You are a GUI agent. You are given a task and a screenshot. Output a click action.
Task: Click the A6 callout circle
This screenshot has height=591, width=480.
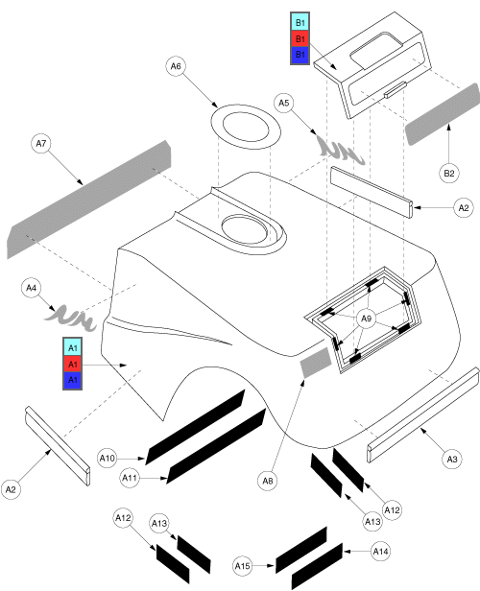pyautogui.click(x=176, y=66)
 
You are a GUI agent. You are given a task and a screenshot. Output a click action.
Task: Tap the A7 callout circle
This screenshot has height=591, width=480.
pyautogui.click(x=40, y=144)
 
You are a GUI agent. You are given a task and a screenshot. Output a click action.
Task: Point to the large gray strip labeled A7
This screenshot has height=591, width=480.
pyautogui.click(x=89, y=199)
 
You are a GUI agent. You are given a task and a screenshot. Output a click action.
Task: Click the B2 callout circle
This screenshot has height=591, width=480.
pyautogui.click(x=448, y=174)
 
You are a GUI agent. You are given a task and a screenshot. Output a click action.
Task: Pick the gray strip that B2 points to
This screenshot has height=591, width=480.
pyautogui.click(x=443, y=114)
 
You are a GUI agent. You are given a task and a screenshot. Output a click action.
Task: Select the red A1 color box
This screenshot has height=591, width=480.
pyautogui.click(x=72, y=365)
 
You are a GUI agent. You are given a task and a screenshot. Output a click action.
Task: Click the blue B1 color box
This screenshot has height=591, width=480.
pyautogui.click(x=300, y=55)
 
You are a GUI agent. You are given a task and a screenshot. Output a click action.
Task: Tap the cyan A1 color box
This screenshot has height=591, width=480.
pyautogui.click(x=72, y=347)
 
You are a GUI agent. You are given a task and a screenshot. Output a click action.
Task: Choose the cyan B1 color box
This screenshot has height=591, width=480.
pyautogui.click(x=300, y=22)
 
